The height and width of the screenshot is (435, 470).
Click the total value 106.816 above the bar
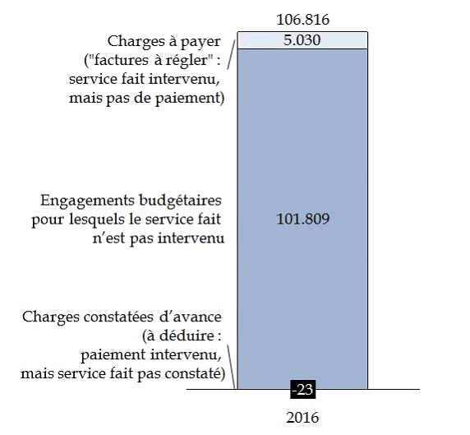(x=302, y=20)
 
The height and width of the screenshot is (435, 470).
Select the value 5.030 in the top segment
(x=302, y=40)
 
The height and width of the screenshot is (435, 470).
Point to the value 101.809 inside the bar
(x=302, y=219)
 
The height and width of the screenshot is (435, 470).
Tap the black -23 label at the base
(x=302, y=390)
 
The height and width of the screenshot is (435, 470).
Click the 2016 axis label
(x=302, y=418)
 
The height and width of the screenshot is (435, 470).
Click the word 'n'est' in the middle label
(x=108, y=238)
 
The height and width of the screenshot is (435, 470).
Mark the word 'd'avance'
(x=191, y=317)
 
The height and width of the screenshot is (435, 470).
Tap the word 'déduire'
(x=187, y=336)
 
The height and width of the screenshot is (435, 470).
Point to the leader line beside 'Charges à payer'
(x=231, y=55)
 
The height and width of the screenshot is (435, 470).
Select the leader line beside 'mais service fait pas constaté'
(x=231, y=367)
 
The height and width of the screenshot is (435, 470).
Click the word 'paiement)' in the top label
(x=190, y=99)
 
